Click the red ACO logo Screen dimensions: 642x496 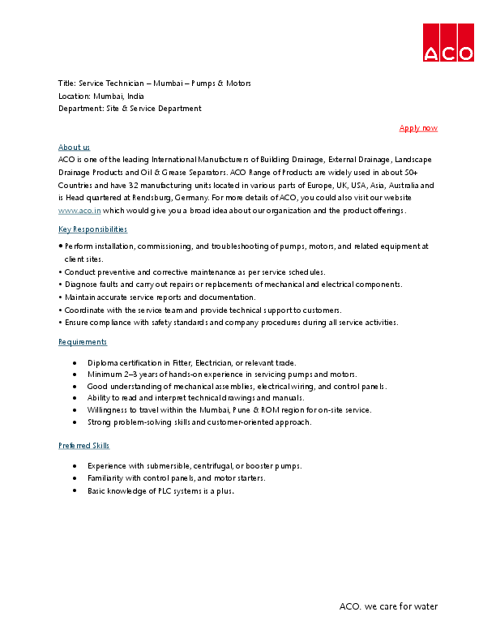pyautogui.click(x=447, y=42)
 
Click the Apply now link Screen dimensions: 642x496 pyautogui.click(x=418, y=128)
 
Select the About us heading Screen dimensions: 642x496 pyautogui.click(x=74, y=147)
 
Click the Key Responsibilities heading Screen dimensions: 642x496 pyautogui.click(x=92, y=229)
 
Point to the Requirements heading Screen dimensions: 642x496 pyautogui.click(x=83, y=342)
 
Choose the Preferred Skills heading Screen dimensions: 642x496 pyautogui.click(x=84, y=446)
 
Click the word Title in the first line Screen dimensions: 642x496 pyautogui.click(x=66, y=83)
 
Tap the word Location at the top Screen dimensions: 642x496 pyautogui.click(x=74, y=96)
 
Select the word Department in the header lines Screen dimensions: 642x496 pyautogui.click(x=80, y=108)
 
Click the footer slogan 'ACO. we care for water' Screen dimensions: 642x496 pyautogui.click(x=388, y=606)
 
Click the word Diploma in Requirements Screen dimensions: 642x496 pyautogui.click(x=102, y=362)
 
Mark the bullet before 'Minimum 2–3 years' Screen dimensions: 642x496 pyautogui.click(x=75, y=374)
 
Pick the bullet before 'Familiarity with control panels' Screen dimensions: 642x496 pyautogui.click(x=75, y=478)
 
